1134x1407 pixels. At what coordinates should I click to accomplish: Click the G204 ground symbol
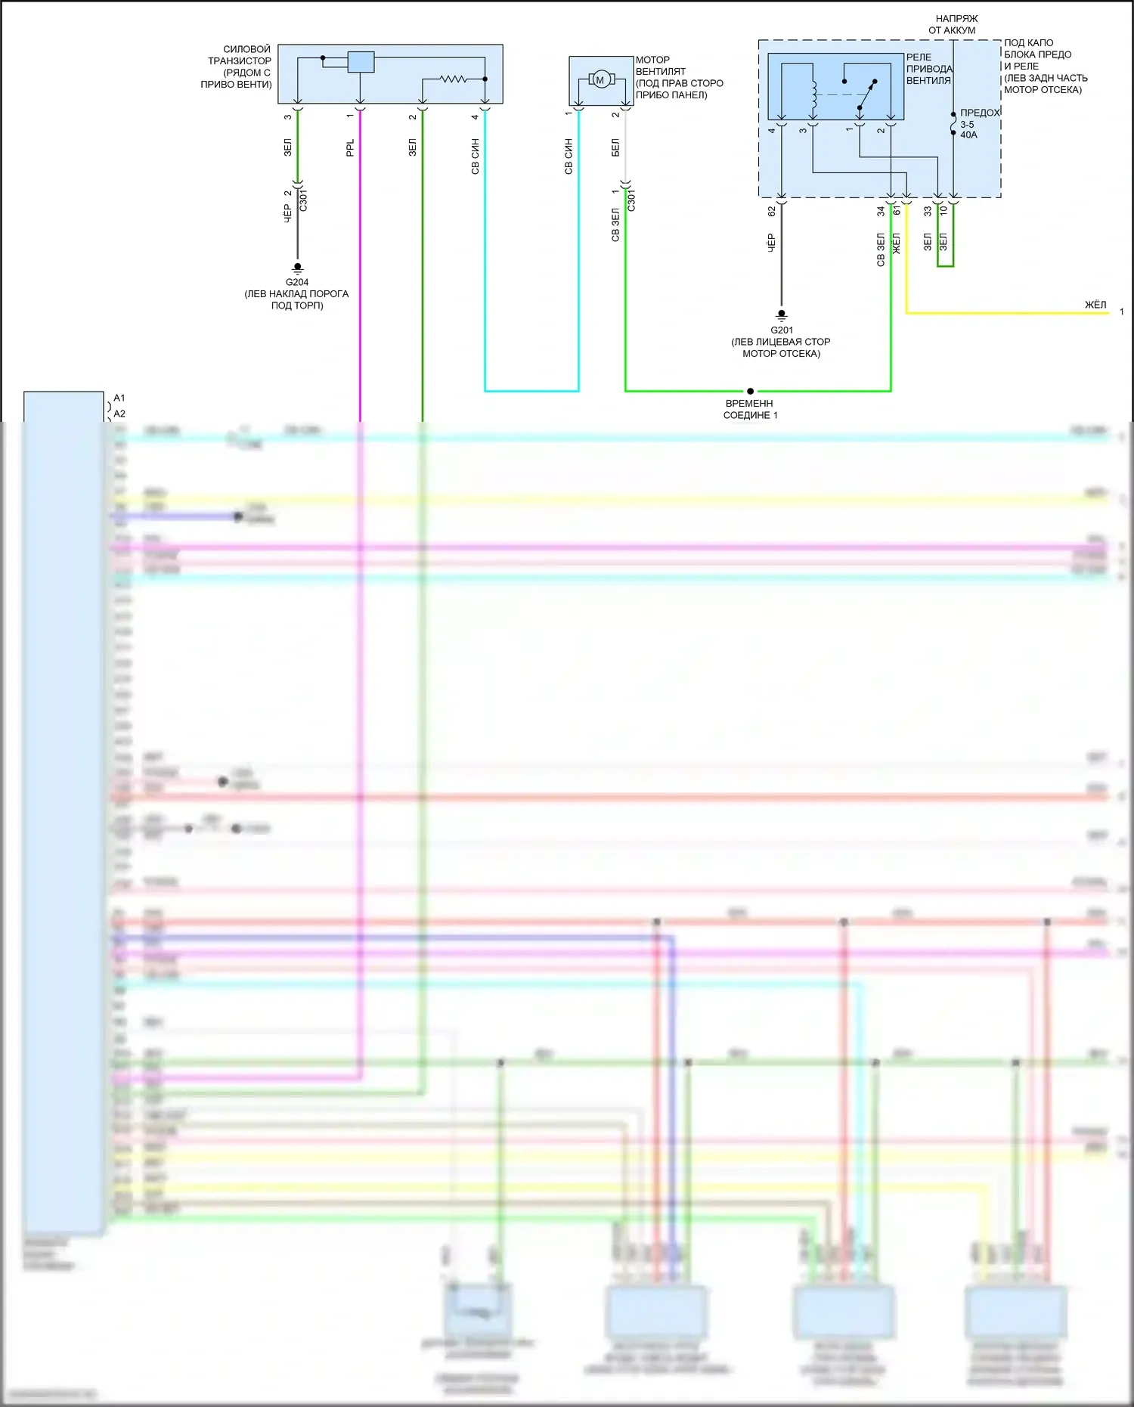[x=297, y=268]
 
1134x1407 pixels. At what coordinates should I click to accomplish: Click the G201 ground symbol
[x=782, y=315]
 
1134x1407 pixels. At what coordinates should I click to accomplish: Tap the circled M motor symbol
[x=600, y=79]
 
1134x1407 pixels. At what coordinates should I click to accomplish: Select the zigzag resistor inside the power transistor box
[x=454, y=78]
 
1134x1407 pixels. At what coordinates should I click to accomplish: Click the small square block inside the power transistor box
[x=361, y=62]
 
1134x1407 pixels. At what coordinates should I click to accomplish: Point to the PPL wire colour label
[x=350, y=147]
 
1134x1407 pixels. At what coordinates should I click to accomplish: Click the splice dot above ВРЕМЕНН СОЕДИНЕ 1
[x=750, y=391]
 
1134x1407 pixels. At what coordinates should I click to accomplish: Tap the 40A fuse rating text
[x=968, y=135]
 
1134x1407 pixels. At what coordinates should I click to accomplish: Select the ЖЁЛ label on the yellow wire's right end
[x=1095, y=305]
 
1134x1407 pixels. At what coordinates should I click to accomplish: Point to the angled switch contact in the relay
[x=867, y=95]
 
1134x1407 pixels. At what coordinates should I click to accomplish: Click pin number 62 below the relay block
[x=771, y=212]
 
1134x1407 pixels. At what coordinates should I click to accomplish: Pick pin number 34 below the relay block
[x=881, y=212]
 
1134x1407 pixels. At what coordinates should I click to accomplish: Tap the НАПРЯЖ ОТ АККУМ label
[x=953, y=24]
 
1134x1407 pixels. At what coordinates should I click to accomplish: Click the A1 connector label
[x=119, y=398]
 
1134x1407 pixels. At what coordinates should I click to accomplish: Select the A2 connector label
[x=119, y=414]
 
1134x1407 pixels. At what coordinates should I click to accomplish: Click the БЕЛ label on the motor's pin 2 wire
[x=615, y=147]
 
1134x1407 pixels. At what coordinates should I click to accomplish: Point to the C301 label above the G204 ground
[x=303, y=200]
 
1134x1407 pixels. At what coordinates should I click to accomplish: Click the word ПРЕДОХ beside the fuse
[x=980, y=113]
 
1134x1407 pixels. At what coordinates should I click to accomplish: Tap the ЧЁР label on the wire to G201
[x=771, y=242]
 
